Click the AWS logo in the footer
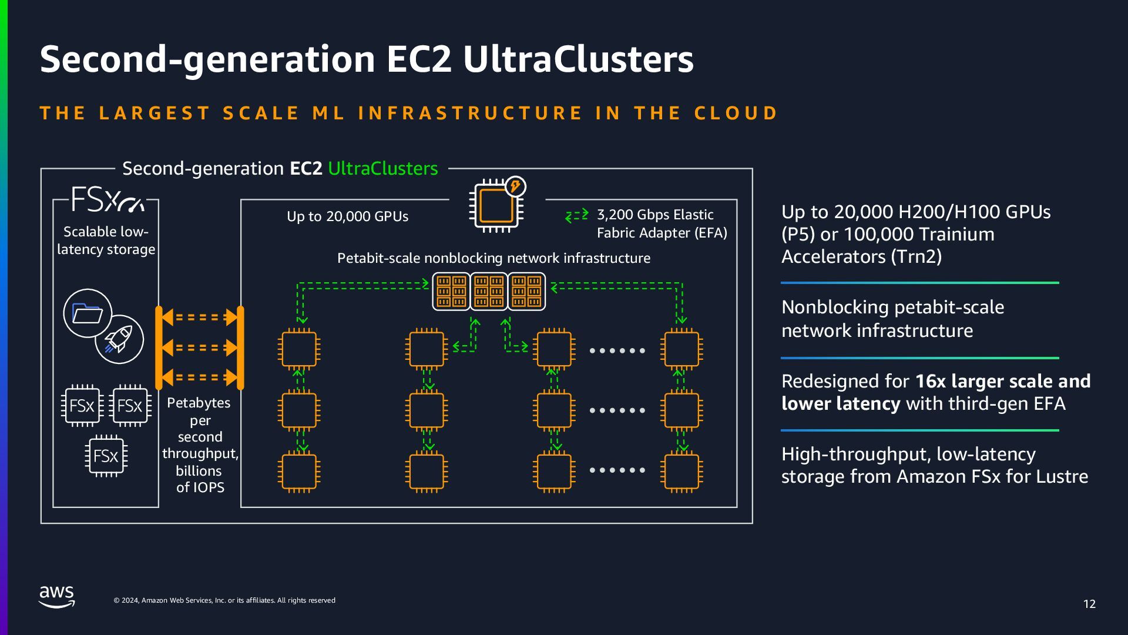coord(57,596)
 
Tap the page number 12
coord(1089,604)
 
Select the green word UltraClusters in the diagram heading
coord(382,169)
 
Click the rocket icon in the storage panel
coord(119,339)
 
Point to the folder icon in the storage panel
coord(87,313)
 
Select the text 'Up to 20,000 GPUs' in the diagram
coord(347,216)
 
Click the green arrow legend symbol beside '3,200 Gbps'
coord(576,216)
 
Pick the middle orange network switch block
coord(489,291)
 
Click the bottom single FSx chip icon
coord(106,456)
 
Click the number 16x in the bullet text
coord(929,381)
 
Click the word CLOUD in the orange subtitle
coord(736,113)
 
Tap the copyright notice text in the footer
coord(224,600)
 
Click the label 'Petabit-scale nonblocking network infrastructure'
coord(493,258)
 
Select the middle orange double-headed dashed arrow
coord(200,347)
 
